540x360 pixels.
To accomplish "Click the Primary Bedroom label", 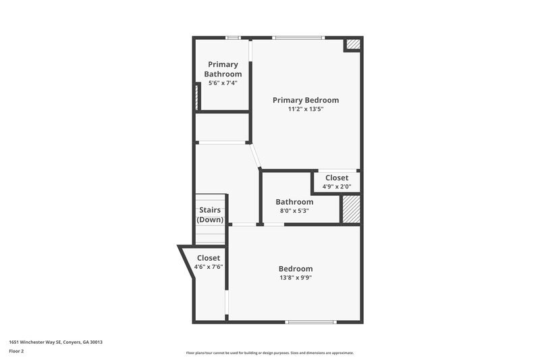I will click(x=305, y=100).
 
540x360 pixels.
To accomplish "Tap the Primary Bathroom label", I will click(x=223, y=69).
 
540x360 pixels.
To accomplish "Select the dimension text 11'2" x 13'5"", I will click(x=305, y=109).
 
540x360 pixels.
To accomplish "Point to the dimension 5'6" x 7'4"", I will click(x=223, y=83).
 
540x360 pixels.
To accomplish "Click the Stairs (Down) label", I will click(x=210, y=215).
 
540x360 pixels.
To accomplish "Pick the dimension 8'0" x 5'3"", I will click(x=294, y=211).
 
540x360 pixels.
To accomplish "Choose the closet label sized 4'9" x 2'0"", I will click(x=337, y=178).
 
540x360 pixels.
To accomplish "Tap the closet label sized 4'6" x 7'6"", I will click(x=209, y=258).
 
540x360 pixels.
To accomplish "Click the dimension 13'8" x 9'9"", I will click(x=295, y=277).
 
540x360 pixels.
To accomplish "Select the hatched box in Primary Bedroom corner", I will click(x=353, y=45).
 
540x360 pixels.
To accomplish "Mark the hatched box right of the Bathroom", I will click(x=350, y=209).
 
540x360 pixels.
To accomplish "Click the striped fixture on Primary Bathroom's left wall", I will click(x=197, y=97).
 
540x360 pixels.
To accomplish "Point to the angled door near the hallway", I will click(x=254, y=157).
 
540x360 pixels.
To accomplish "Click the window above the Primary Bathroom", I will click(x=234, y=38).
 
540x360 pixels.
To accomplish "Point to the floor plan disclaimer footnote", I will click(x=269, y=353).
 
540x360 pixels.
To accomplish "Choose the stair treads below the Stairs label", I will click(x=210, y=234).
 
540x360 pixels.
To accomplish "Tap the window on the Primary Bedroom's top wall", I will click(x=298, y=38).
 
